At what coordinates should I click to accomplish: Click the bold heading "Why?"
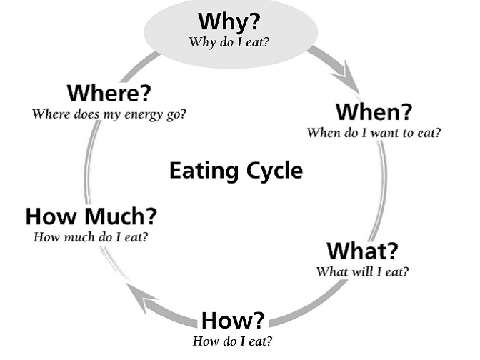(x=229, y=21)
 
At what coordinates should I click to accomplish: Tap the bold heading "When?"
(x=374, y=112)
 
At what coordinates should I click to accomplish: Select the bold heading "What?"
(x=362, y=251)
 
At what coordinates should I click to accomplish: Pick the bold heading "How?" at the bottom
(x=233, y=320)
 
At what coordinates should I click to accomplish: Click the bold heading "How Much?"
(x=91, y=216)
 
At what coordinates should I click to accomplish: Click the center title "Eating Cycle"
(x=235, y=171)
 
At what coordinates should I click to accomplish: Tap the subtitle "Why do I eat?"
(x=229, y=41)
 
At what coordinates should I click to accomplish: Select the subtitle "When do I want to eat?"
(x=374, y=132)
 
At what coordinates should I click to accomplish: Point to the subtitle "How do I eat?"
(x=233, y=341)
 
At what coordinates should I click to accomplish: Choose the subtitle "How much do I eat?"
(x=91, y=236)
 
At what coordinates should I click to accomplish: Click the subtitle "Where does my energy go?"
(x=109, y=114)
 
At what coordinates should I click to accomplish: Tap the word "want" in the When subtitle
(x=380, y=132)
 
